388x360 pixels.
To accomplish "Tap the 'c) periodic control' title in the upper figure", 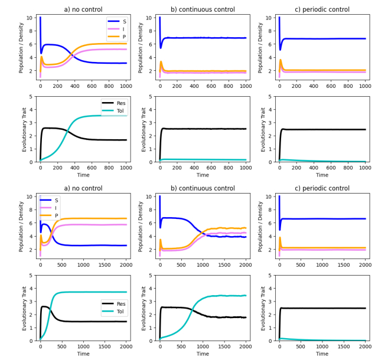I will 322,9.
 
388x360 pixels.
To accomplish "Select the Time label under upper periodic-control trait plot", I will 322,175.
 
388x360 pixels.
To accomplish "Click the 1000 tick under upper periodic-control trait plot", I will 365,167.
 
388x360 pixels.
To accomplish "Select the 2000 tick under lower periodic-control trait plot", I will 365,346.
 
